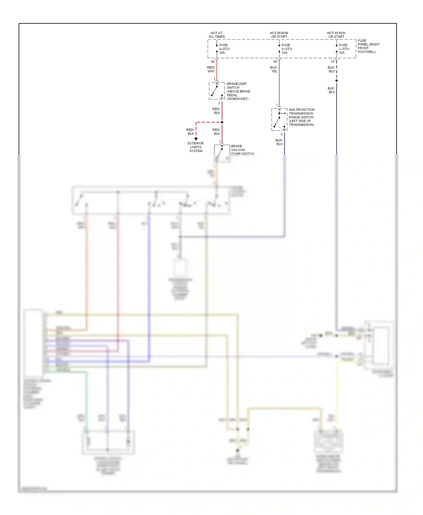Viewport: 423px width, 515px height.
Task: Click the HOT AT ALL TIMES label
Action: tap(217, 35)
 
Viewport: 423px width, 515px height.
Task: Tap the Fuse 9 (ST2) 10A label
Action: tap(224, 49)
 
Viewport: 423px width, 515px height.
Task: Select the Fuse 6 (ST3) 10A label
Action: tap(287, 49)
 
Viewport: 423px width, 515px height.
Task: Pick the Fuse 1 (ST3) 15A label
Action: tap(344, 49)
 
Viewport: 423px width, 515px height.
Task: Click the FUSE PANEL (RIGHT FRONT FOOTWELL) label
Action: tap(368, 46)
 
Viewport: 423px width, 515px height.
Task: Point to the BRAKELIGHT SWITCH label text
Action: tap(238, 91)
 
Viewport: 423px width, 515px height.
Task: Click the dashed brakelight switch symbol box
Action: tap(217, 91)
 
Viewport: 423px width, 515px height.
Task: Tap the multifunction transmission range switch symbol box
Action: tap(279, 119)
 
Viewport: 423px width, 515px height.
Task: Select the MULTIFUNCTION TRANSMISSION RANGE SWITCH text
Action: tap(301, 117)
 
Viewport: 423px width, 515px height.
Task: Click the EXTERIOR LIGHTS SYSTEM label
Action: tap(196, 147)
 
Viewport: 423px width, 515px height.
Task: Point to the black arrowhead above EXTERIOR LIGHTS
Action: tap(196, 139)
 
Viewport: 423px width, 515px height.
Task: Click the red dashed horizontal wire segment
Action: tap(209, 122)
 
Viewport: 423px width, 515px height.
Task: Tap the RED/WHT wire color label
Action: tap(211, 69)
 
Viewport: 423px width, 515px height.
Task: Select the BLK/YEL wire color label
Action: tap(274, 69)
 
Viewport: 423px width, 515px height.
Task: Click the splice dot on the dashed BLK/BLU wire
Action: tap(336, 81)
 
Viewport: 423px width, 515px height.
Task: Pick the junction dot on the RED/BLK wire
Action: tap(222, 122)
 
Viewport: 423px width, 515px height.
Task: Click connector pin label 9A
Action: tap(213, 61)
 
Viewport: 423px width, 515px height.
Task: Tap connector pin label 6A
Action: tap(275, 61)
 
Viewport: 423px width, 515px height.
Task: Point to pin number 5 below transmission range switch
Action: tap(281, 134)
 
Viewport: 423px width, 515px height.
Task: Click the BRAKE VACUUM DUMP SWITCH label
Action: tap(242, 150)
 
